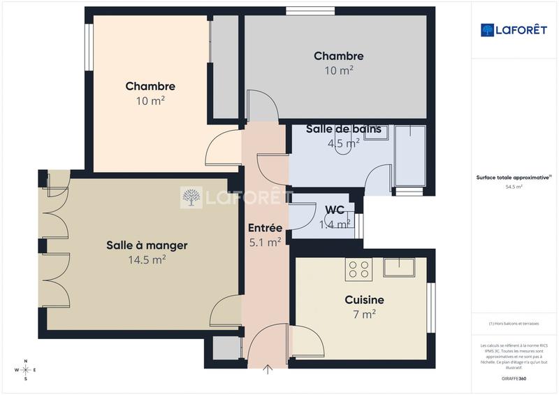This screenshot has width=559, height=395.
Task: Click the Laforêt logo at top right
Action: [514, 29]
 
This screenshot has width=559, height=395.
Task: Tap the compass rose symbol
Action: [26, 370]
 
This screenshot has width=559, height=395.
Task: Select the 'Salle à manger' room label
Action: [147, 245]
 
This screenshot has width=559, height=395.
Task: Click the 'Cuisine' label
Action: [364, 299]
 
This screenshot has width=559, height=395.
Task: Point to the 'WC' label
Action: [335, 210]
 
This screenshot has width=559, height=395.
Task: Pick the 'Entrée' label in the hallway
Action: [265, 228]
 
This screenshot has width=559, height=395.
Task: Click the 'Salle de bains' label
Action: [344, 129]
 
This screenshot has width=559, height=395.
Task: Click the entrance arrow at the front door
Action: [268, 369]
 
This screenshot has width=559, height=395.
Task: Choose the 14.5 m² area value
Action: [147, 260]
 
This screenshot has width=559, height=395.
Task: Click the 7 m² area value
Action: [364, 315]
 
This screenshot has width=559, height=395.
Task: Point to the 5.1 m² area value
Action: [265, 243]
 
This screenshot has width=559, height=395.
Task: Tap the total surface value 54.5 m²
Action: [514, 187]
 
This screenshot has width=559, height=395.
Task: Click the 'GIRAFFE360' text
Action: [514, 378]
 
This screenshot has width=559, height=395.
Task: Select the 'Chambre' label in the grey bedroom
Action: [338, 56]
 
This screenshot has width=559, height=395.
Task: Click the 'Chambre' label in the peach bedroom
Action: [150, 86]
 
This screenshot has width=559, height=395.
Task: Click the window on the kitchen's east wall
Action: [430, 308]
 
